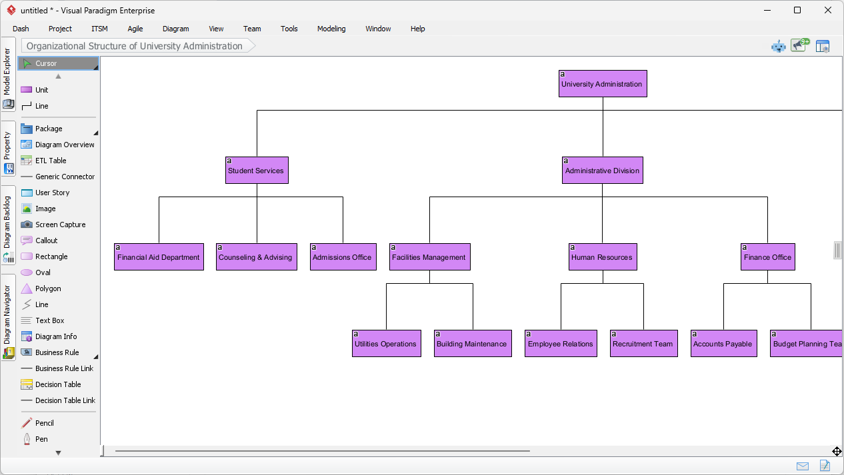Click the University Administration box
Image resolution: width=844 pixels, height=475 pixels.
pyautogui.click(x=603, y=84)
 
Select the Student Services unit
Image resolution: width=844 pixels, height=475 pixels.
pyautogui.click(x=257, y=171)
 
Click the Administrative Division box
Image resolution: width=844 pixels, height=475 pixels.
pyautogui.click(x=603, y=171)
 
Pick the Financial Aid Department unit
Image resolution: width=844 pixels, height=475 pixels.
pyautogui.click(x=159, y=257)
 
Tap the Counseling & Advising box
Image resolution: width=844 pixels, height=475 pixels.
pyautogui.click(x=257, y=257)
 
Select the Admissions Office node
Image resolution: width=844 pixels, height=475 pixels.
pyautogui.click(x=343, y=257)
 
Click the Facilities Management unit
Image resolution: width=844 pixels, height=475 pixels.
pyautogui.click(x=429, y=257)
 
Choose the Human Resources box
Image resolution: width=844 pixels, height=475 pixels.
pyautogui.click(x=603, y=257)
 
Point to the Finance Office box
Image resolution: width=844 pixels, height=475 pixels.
pyautogui.click(x=767, y=257)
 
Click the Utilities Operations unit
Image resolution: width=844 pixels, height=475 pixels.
pyautogui.click(x=386, y=344)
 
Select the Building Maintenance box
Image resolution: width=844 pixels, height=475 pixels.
pyautogui.click(x=473, y=344)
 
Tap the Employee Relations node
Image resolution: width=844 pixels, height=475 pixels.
pyautogui.click(x=561, y=344)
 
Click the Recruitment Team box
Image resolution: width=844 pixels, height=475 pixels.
pyautogui.click(x=643, y=344)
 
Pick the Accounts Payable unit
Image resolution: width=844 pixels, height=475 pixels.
pyautogui.click(x=723, y=344)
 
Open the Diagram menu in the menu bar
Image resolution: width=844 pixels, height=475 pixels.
pyautogui.click(x=175, y=29)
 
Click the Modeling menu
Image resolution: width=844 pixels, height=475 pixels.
pyautogui.click(x=331, y=29)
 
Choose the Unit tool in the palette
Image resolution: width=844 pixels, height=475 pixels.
pyautogui.click(x=41, y=90)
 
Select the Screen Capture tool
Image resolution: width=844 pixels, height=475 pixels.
pyautogui.click(x=59, y=225)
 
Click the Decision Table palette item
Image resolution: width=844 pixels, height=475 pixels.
pyautogui.click(x=58, y=384)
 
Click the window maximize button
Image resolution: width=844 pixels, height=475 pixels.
pyautogui.click(x=797, y=10)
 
